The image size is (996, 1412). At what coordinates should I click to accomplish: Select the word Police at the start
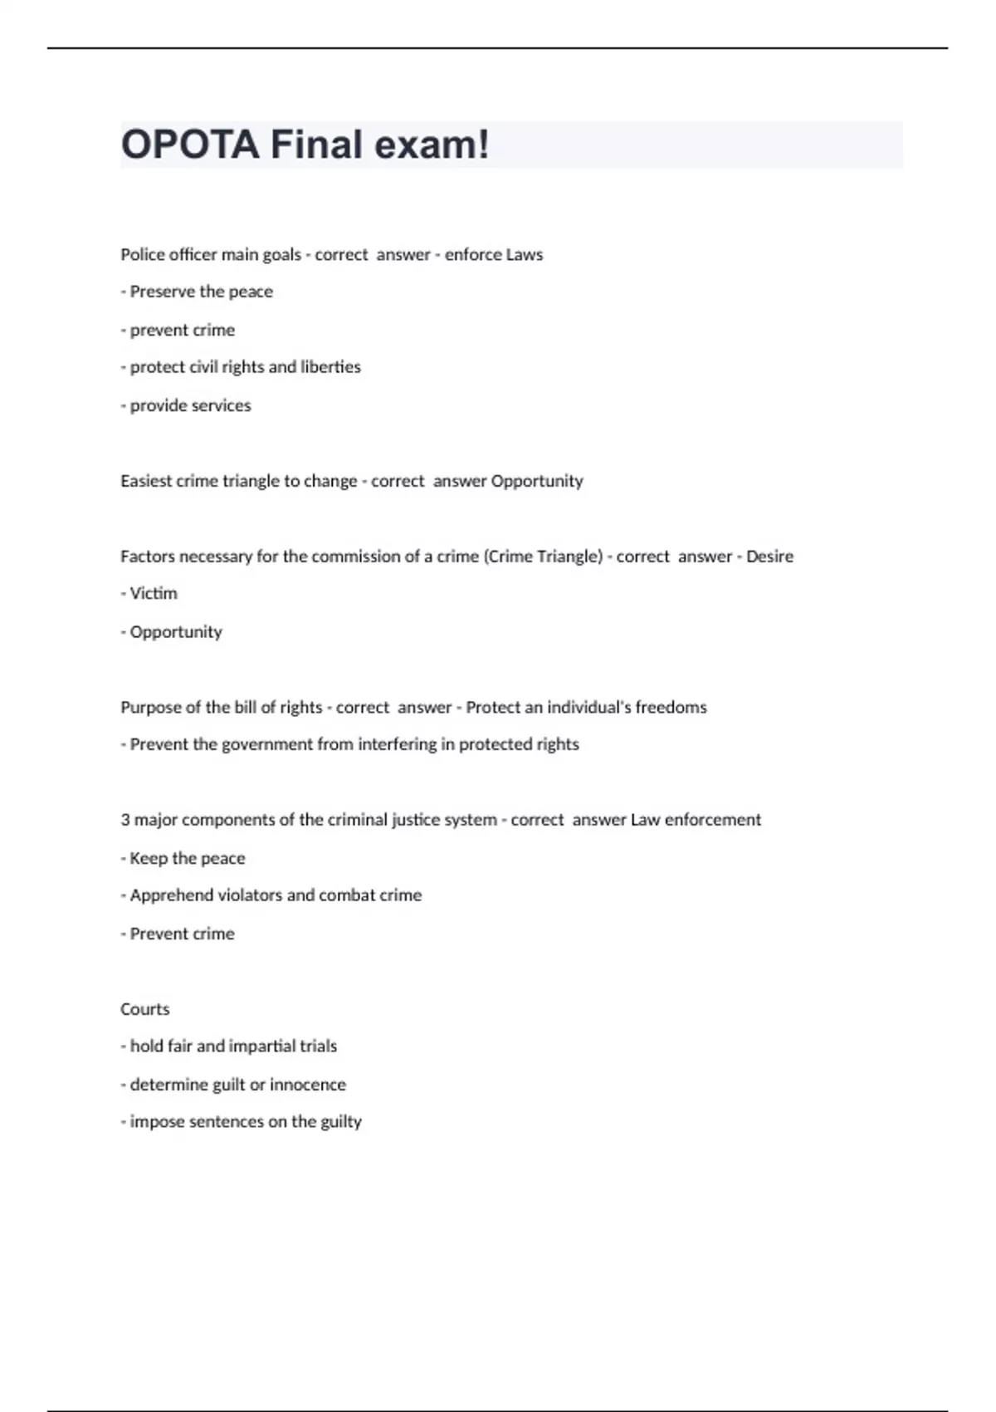tap(143, 254)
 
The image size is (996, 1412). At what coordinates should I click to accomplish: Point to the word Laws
tap(525, 254)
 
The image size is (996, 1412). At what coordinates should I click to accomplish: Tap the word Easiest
tap(146, 481)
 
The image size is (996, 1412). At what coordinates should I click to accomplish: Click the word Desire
tap(769, 556)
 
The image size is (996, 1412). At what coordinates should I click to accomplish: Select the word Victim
tap(154, 594)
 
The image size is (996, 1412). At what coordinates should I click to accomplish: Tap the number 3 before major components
tap(125, 820)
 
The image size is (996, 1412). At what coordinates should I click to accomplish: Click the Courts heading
tap(145, 1009)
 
